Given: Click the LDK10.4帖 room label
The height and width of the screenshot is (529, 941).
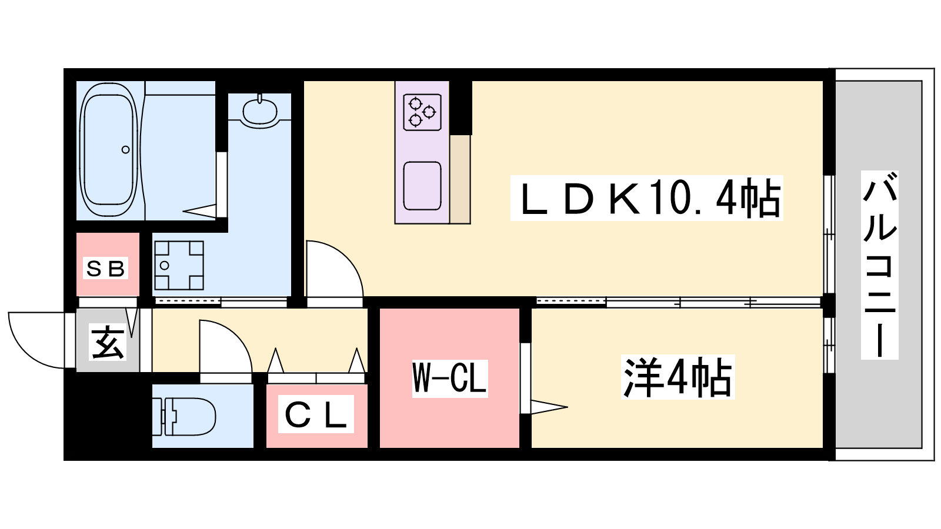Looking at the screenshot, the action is pos(646,198).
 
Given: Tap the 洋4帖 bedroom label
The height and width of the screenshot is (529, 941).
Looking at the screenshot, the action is pos(678,377).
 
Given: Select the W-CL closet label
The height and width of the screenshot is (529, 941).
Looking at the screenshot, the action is pos(449,379).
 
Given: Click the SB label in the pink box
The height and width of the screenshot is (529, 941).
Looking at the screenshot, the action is pos(105,268).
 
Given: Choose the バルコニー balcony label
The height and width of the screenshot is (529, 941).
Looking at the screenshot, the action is pos(880,264).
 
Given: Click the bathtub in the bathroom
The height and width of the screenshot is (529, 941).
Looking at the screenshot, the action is pos(109,150).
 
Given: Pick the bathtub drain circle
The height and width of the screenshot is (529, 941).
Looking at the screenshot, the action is pos(126,149).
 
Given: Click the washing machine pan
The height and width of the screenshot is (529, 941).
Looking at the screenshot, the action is pos(179,265).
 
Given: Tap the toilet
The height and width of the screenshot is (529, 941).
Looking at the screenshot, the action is pos(184,417).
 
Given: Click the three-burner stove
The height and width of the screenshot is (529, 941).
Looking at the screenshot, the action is pos(422,112).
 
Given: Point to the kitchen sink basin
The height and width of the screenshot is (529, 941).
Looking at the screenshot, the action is pos(422,186).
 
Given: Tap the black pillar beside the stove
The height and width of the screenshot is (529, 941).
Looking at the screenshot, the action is pos(461,108).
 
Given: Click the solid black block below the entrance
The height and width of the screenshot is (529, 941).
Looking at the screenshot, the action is pos(108,416).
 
